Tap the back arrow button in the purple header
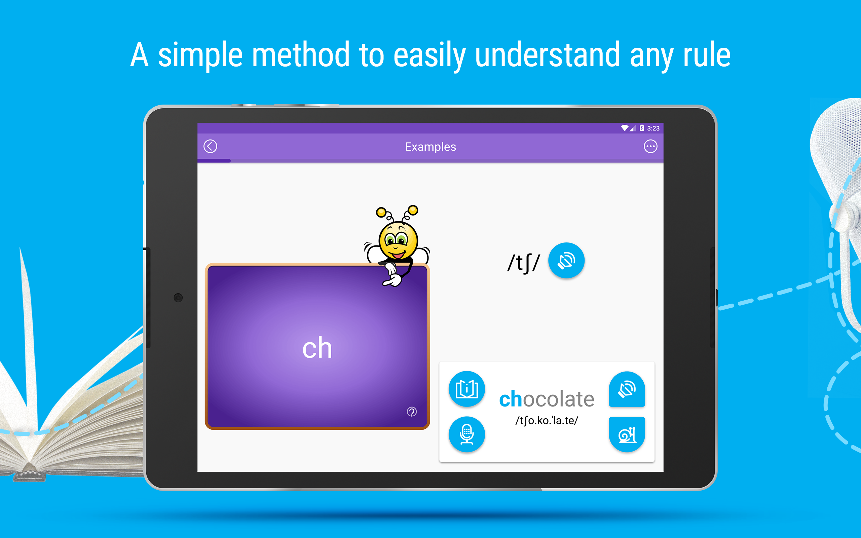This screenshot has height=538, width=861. [210, 146]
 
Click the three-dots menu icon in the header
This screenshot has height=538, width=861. [650, 146]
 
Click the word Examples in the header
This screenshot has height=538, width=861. [430, 147]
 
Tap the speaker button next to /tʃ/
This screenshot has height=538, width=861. [566, 261]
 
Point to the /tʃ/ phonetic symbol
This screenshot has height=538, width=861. [523, 263]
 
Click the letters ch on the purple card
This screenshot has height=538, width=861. [317, 348]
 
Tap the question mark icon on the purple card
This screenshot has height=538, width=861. [412, 412]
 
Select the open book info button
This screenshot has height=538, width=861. [466, 389]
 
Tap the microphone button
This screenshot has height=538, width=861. [466, 434]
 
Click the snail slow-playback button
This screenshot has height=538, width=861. [627, 434]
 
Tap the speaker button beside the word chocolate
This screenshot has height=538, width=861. [627, 389]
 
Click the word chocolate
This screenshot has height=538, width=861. [547, 399]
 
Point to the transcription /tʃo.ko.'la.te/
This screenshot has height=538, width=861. [547, 421]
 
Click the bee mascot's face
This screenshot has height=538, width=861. [398, 240]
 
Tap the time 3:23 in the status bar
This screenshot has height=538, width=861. [653, 128]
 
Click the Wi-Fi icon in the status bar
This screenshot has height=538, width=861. [625, 128]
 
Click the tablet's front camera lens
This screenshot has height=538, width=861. [178, 298]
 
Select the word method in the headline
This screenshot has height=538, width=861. [301, 55]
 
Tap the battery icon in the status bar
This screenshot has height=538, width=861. [642, 128]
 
